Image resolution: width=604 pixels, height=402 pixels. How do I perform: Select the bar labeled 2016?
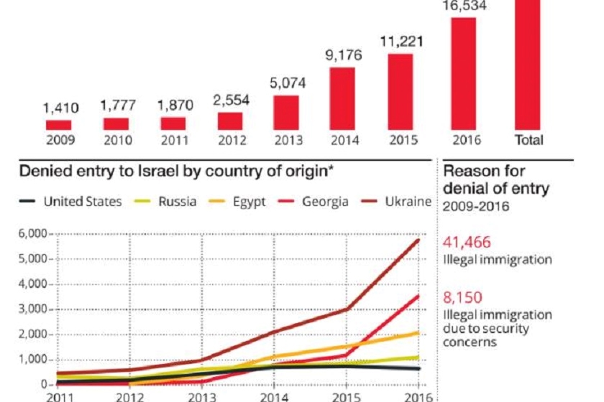464,74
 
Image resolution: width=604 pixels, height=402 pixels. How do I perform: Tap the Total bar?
528,65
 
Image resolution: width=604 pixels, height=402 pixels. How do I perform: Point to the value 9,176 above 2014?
342,54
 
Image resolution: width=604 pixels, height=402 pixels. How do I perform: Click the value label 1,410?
60,108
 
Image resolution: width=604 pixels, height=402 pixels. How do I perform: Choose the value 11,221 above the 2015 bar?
401,41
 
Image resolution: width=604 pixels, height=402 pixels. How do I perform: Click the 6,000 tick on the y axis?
32,234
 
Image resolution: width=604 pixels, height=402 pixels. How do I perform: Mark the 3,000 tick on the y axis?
32,309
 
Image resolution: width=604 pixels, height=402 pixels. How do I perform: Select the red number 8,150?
462,297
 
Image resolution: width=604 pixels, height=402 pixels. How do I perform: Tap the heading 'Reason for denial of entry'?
496,179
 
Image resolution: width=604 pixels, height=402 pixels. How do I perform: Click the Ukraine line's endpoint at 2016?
419,240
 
